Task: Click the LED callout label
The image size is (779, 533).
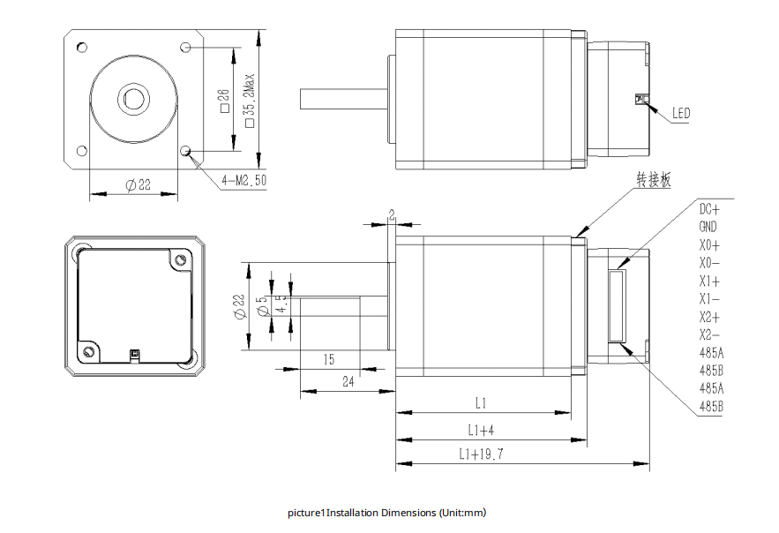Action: (680, 113)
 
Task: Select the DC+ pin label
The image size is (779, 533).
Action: (709, 209)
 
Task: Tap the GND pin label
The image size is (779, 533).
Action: (708, 227)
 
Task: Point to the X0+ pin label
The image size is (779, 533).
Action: (709, 245)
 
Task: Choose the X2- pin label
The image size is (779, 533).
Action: (709, 335)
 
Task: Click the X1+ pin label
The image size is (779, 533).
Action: (709, 282)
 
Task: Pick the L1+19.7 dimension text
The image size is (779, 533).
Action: (481, 454)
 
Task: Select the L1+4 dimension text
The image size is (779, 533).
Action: (481, 430)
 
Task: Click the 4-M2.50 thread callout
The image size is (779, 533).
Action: (244, 179)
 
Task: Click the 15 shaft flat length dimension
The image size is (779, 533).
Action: (328, 359)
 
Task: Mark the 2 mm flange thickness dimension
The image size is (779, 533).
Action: (392, 214)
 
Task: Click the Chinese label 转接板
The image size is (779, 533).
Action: (654, 179)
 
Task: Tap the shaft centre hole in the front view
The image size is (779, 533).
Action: (133, 97)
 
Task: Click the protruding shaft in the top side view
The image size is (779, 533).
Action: (344, 99)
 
